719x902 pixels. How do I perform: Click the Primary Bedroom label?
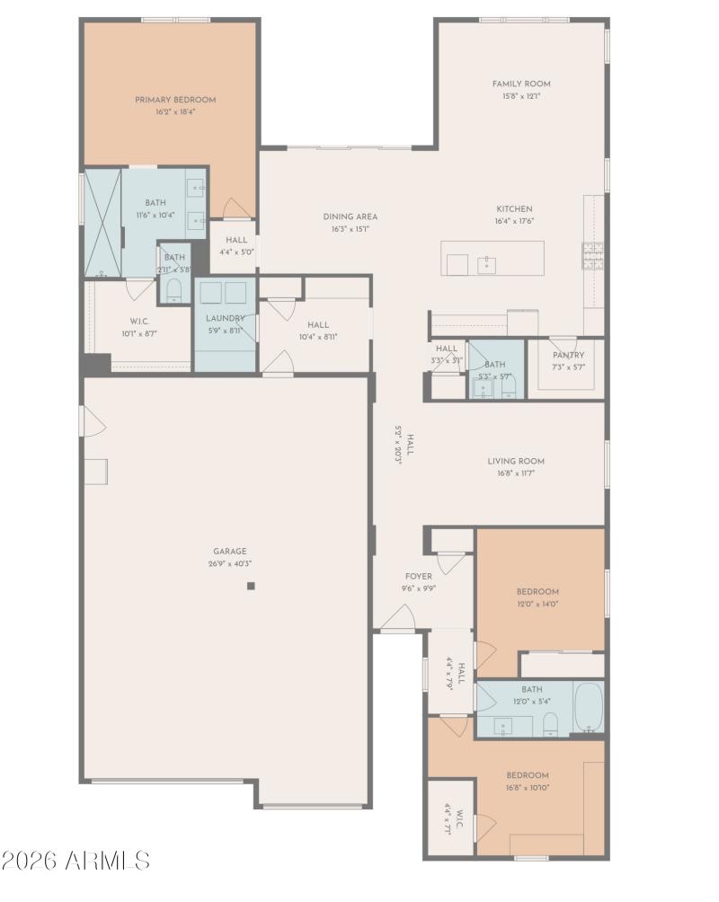click(x=175, y=100)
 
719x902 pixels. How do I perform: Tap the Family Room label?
click(x=521, y=84)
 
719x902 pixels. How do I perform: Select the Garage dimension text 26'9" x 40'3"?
click(x=230, y=564)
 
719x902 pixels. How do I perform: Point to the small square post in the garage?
click(x=252, y=587)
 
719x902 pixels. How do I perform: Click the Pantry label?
click(x=568, y=355)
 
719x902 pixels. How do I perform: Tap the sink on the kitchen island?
click(x=486, y=264)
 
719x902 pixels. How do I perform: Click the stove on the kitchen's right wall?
click(x=593, y=257)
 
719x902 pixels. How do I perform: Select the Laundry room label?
click(x=225, y=318)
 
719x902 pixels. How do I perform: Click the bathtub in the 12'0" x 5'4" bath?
click(x=588, y=707)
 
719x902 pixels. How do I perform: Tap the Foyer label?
click(x=418, y=576)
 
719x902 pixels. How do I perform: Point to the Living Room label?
click(x=516, y=461)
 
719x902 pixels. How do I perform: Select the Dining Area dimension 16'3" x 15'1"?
click(x=351, y=229)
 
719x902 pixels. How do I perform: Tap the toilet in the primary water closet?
click(x=174, y=289)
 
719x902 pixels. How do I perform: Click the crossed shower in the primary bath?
click(x=102, y=224)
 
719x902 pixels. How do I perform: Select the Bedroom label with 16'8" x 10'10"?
click(x=527, y=774)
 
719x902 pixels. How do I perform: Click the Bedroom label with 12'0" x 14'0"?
click(x=537, y=591)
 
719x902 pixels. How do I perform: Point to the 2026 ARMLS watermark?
click(x=75, y=861)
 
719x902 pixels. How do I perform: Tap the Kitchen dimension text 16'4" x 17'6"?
click(x=514, y=221)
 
